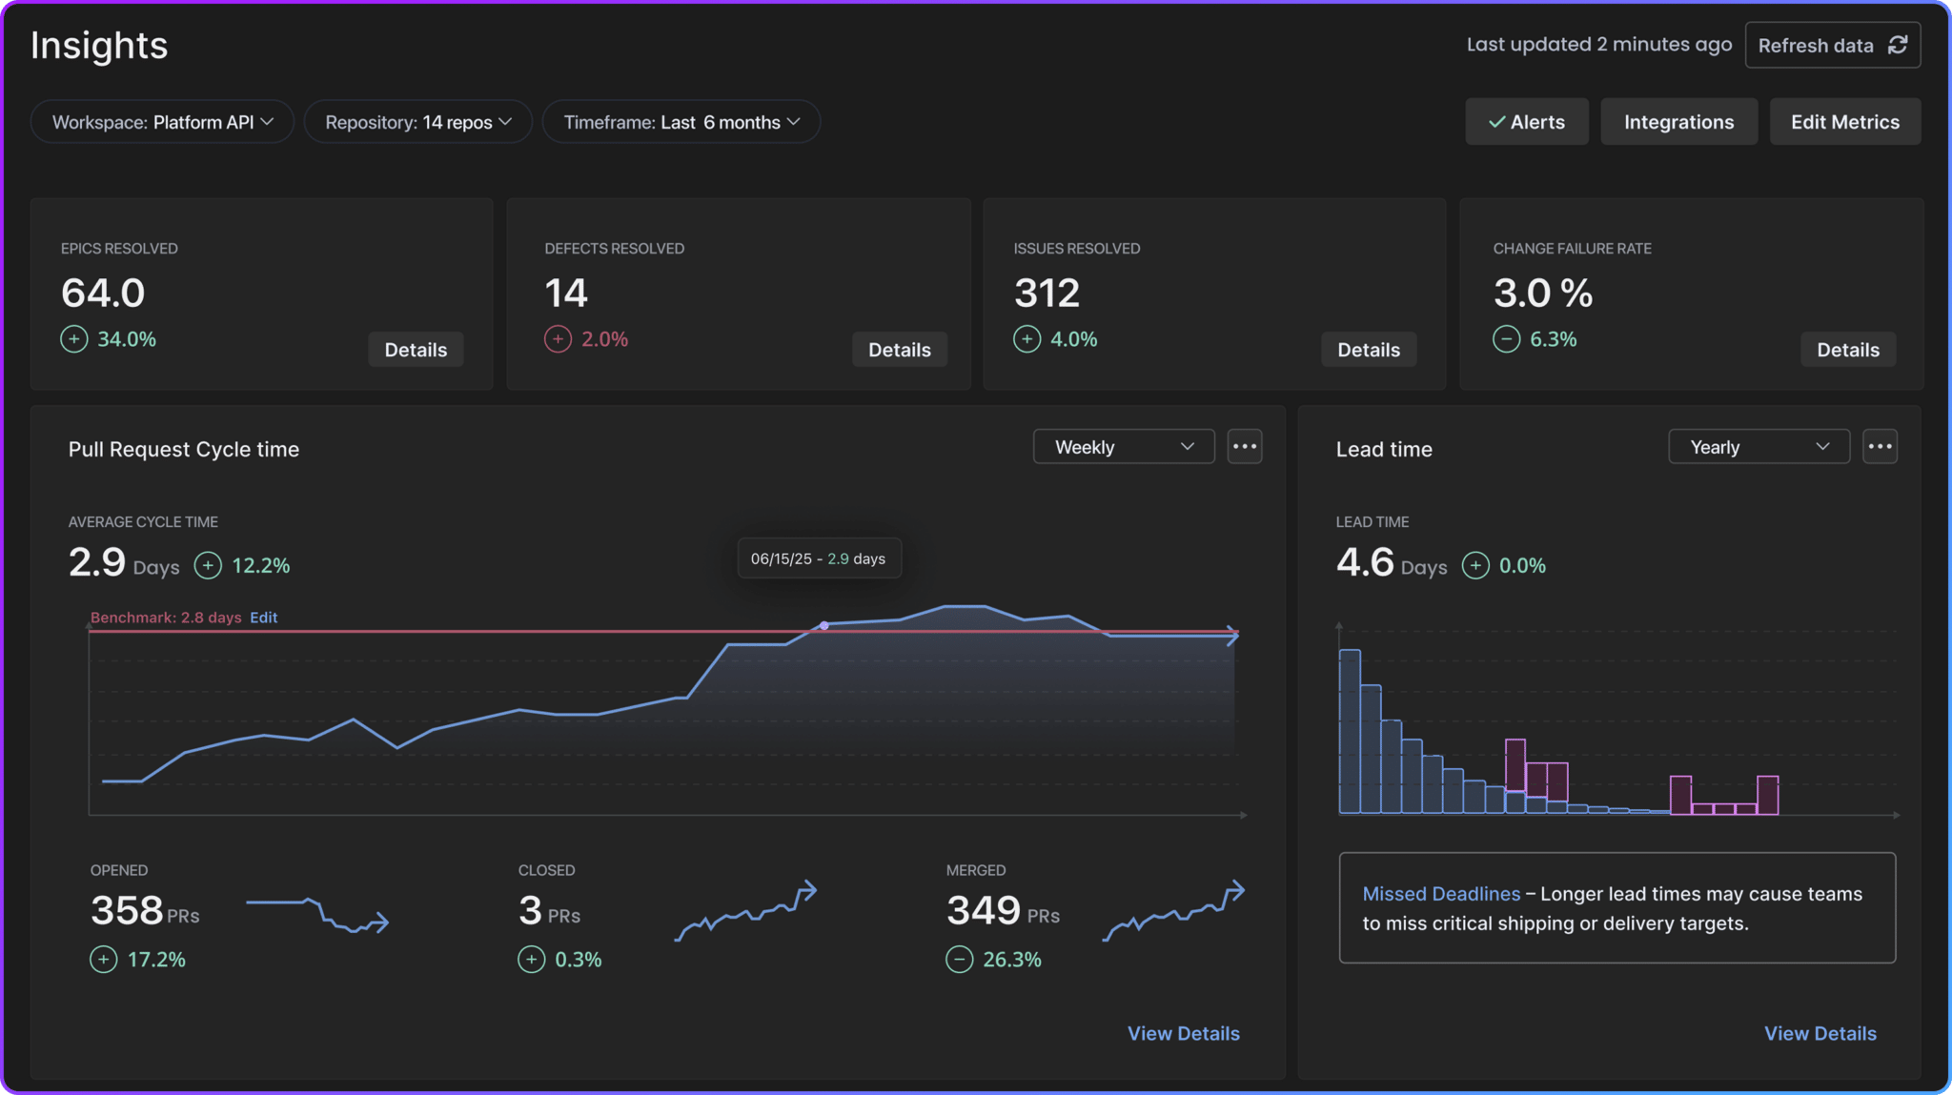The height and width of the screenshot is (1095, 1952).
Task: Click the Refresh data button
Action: tap(1831, 45)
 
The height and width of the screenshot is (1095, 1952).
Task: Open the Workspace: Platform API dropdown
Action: tap(162, 122)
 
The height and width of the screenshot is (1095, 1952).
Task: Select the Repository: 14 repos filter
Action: tap(417, 122)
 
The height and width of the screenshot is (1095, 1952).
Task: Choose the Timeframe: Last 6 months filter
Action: tap(681, 122)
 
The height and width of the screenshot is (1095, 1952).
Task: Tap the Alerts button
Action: tap(1526, 122)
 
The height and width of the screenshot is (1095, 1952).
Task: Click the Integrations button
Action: tap(1677, 122)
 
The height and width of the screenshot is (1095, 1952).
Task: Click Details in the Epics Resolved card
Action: tap(416, 350)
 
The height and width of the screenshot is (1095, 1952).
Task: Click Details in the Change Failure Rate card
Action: tap(1847, 350)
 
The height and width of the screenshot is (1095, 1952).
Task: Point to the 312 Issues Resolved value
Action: tap(1047, 293)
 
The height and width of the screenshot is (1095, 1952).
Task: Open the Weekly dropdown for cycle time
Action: tap(1123, 447)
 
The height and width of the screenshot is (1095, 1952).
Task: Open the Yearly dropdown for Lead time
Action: tap(1758, 447)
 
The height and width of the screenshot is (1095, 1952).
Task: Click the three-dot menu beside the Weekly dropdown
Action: tap(1244, 447)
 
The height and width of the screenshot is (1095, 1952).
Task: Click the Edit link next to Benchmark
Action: tap(263, 618)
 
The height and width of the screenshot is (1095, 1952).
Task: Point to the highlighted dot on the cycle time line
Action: tap(824, 626)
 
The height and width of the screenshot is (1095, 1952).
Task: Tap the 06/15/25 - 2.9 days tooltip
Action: tap(818, 558)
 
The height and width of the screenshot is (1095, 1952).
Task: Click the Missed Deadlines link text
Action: tap(1440, 894)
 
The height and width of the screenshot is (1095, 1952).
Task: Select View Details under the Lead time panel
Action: tap(1819, 1033)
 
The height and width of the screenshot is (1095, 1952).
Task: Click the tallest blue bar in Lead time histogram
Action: tap(1349, 731)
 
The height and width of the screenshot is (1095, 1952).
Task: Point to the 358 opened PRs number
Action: tap(127, 910)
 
